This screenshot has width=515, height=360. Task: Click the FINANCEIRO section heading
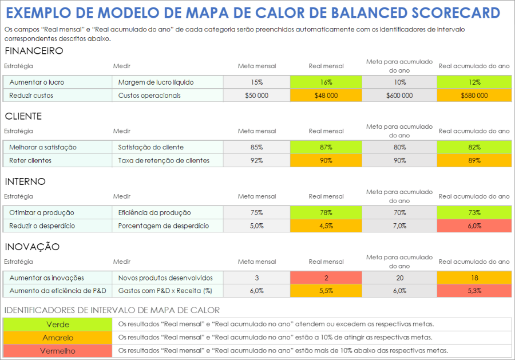click(x=34, y=51)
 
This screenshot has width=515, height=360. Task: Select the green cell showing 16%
click(x=326, y=82)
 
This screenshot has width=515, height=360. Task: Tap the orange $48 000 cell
click(x=326, y=96)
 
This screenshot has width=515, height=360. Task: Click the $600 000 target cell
click(x=399, y=96)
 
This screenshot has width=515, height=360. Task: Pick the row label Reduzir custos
click(x=31, y=96)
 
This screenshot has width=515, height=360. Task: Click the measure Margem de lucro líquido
click(x=156, y=82)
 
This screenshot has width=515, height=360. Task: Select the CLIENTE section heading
click(x=23, y=116)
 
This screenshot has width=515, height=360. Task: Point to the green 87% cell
click(x=326, y=148)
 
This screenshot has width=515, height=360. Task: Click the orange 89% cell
click(x=474, y=161)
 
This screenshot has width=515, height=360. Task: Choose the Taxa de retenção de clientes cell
click(x=164, y=161)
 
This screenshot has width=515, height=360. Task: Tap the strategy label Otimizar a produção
click(x=41, y=213)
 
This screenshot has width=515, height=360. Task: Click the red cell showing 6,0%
click(x=474, y=226)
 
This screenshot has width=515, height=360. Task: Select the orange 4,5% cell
click(x=326, y=226)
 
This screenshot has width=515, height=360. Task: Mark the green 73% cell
click(x=474, y=213)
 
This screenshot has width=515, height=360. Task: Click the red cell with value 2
click(x=326, y=278)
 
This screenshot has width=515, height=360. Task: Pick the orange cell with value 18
click(x=474, y=278)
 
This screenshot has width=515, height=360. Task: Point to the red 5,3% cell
click(x=474, y=291)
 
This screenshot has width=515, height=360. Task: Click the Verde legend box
click(x=57, y=325)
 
